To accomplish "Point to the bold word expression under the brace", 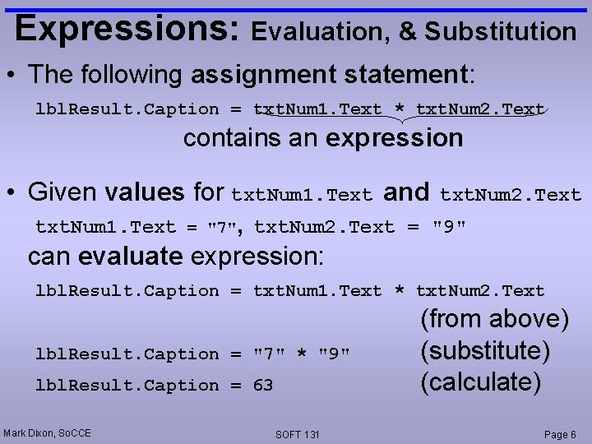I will point(395,138).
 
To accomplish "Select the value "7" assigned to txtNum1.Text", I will point(220,227).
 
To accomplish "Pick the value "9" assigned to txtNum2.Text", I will point(449,227).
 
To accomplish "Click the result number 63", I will point(263,386).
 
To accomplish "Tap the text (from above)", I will point(494,319).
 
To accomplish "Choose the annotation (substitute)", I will point(485,351).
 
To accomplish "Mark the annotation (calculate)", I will point(481,382).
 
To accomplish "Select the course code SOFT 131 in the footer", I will point(298,434).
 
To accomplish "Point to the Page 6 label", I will point(560,434).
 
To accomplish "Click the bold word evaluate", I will point(130,257).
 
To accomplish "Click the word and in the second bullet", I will point(406,192).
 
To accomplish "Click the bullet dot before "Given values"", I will point(12,193).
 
